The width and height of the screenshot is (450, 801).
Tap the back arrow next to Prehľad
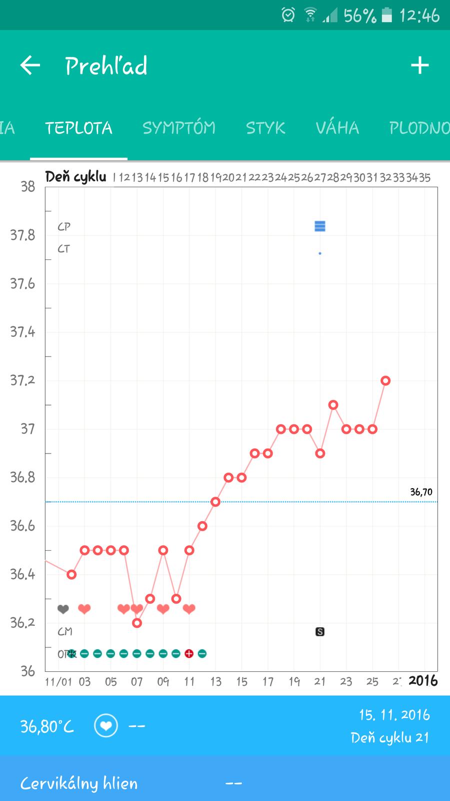(x=30, y=66)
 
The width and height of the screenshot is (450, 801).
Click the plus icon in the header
(x=419, y=66)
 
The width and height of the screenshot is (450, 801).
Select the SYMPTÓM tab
(x=179, y=128)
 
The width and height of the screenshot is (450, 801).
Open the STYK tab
(x=265, y=128)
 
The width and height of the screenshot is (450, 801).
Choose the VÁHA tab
(x=337, y=128)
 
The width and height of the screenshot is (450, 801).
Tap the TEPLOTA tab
(x=78, y=128)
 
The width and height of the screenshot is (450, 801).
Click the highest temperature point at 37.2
(x=385, y=380)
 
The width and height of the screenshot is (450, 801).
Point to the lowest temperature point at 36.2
(x=137, y=623)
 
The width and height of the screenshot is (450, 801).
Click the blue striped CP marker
(x=320, y=226)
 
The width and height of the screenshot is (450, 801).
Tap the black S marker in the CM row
(x=320, y=632)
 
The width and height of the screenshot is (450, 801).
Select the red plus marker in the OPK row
(x=189, y=653)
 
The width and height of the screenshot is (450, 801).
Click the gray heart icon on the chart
(x=63, y=609)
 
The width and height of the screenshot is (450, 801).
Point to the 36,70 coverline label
(x=421, y=492)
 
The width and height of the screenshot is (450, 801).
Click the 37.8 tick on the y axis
(x=23, y=235)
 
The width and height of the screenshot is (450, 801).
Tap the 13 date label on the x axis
(x=215, y=681)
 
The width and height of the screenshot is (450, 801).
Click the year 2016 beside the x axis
(x=423, y=681)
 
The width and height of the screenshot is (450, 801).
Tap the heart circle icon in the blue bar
(x=106, y=726)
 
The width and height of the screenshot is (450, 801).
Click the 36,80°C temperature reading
(x=47, y=726)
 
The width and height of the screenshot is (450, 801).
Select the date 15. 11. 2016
(x=394, y=715)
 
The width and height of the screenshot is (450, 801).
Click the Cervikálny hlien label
(x=79, y=783)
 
